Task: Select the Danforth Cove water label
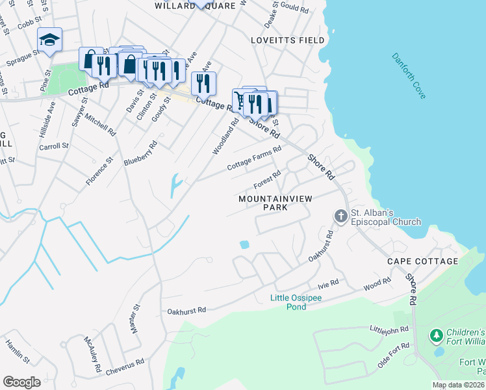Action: point(409,76)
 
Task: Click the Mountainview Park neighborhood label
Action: point(272,202)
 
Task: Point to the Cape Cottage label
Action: point(422,261)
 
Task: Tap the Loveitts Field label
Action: point(288,40)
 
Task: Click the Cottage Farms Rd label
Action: point(253,159)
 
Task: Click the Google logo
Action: point(21,382)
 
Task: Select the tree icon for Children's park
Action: point(436,335)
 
